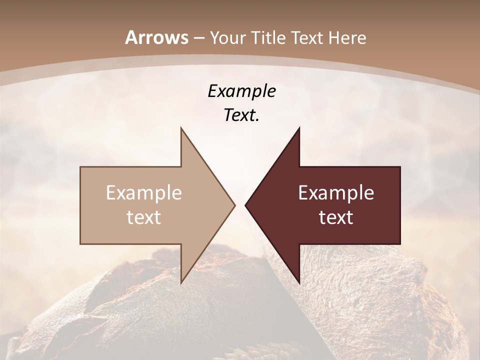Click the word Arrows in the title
[x=156, y=37]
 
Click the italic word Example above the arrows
[x=241, y=91]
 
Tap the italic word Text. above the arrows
[x=241, y=115]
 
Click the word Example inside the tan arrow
[x=144, y=192]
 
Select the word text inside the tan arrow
[x=144, y=217]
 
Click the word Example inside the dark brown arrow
[x=336, y=192]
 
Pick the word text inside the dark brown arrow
[x=336, y=217]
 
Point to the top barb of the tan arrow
[x=181, y=129]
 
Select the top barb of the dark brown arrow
[x=298, y=129]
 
